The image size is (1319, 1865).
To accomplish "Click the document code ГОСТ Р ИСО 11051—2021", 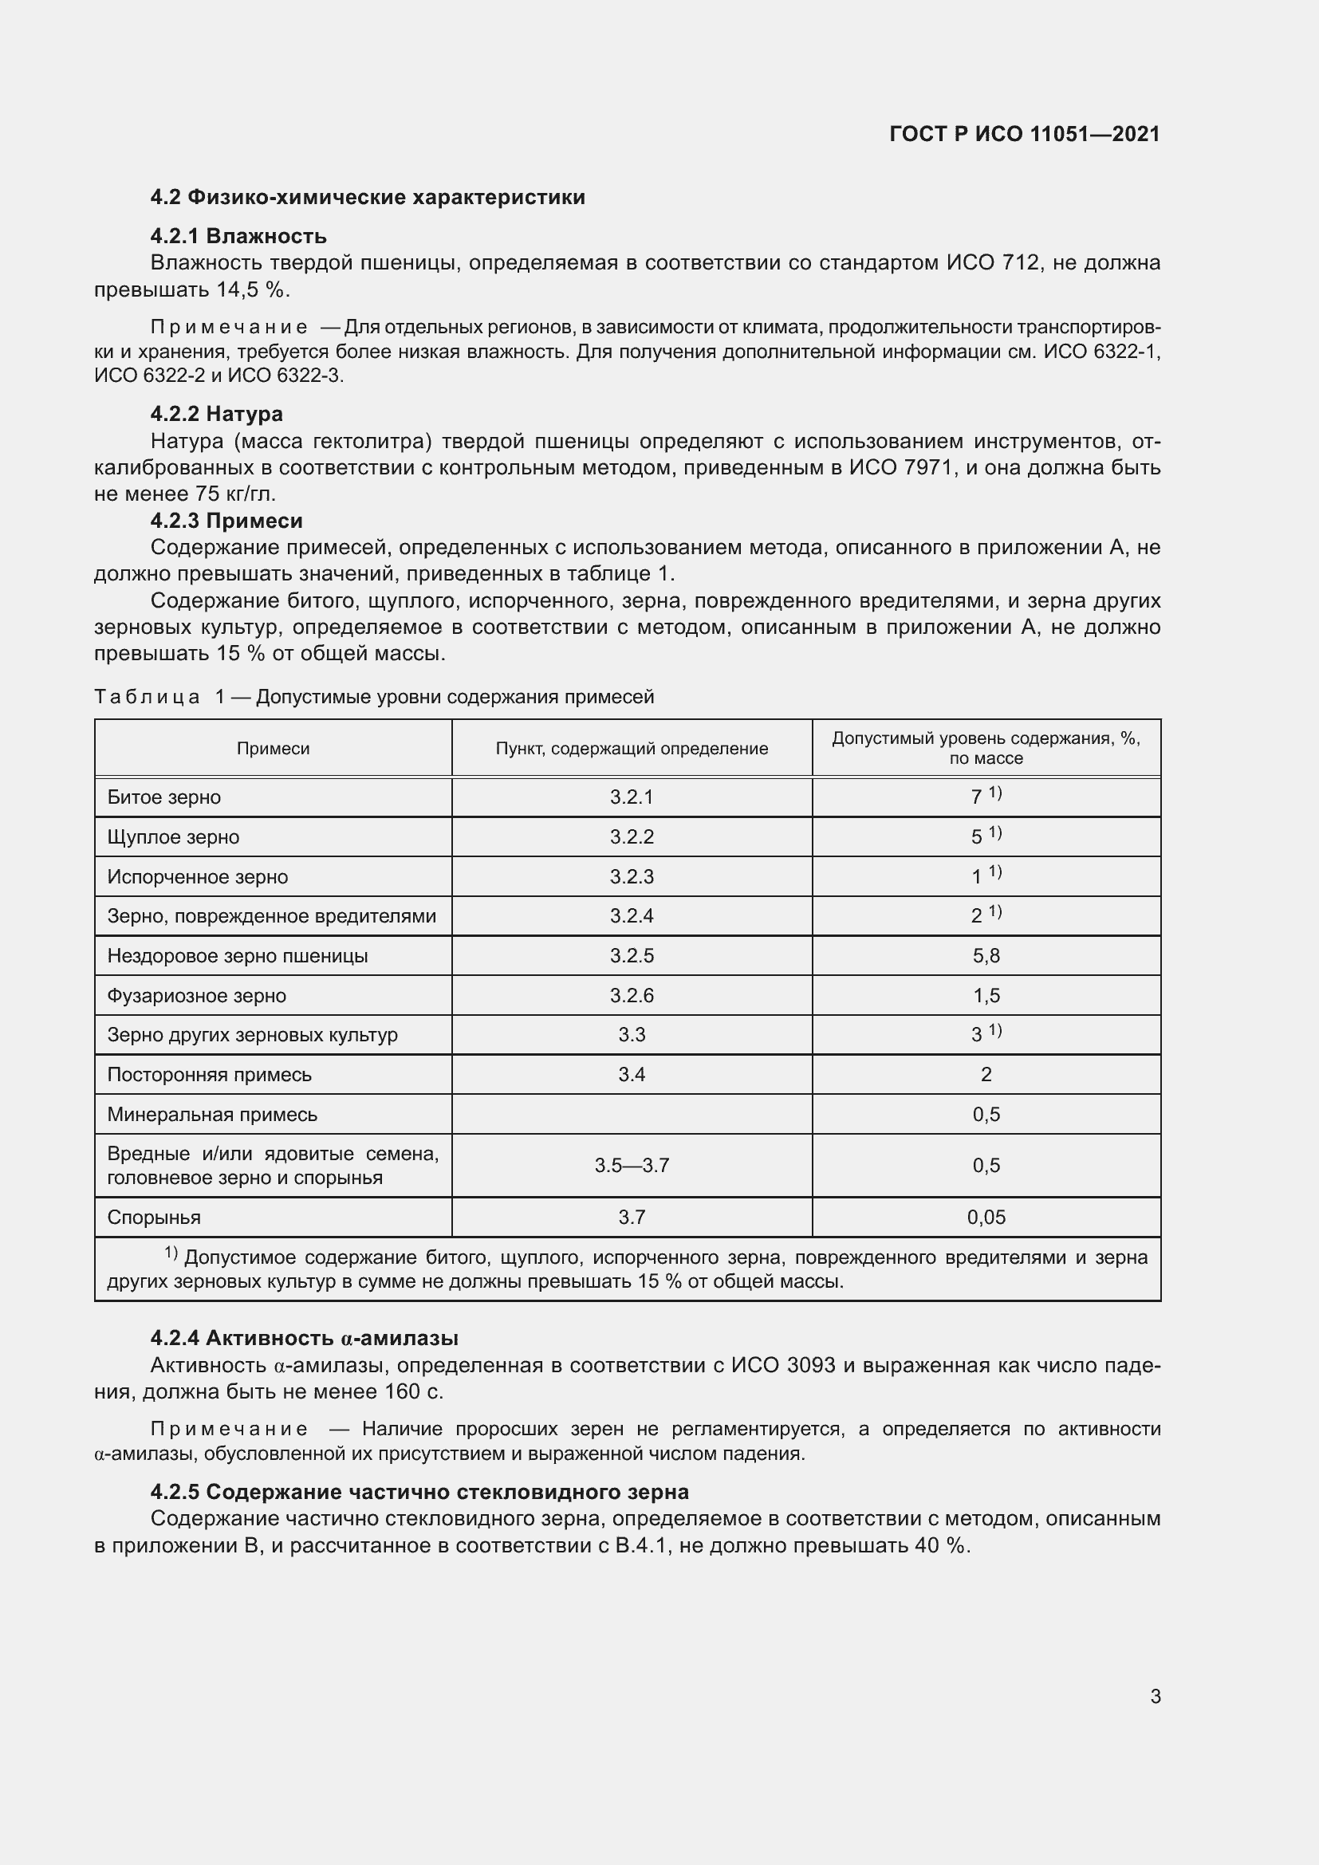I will (1024, 134).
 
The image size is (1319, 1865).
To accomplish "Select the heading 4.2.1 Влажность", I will (238, 236).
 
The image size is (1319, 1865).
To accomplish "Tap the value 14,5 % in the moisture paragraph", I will (252, 290).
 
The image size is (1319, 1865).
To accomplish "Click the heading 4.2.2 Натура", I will (216, 415).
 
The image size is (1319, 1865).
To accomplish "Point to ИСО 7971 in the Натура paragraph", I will (900, 468).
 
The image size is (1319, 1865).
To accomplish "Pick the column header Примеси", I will (273, 748).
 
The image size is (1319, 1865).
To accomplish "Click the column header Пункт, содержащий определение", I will (631, 748).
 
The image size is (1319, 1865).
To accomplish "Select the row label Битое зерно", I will (164, 797).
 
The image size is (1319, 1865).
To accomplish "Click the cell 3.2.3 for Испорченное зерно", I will (631, 876).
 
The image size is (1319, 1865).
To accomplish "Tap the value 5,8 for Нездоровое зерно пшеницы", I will (985, 955).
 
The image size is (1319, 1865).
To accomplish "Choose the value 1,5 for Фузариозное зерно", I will (985, 995).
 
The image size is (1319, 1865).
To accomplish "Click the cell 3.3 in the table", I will (631, 1035).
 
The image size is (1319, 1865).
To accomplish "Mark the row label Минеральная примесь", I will (212, 1115).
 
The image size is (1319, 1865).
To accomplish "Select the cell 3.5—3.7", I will (631, 1166).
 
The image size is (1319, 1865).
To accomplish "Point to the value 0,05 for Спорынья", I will (985, 1217).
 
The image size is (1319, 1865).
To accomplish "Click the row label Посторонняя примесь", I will (210, 1075).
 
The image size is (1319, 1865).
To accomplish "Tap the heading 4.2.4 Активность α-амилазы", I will (304, 1338).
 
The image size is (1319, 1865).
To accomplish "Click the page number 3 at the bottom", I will (1155, 1696).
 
